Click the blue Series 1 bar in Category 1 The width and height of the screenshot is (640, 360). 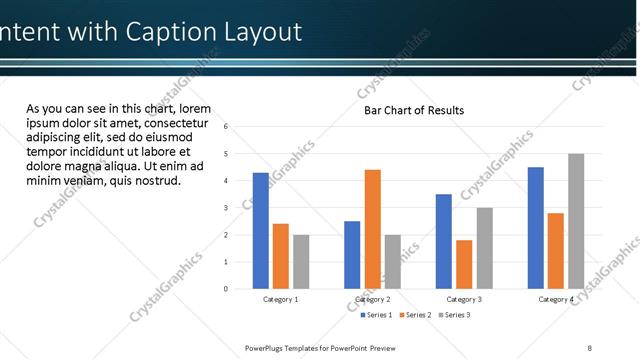click(260, 230)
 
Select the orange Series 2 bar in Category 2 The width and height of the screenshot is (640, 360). click(372, 229)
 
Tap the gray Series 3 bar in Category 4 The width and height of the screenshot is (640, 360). click(576, 221)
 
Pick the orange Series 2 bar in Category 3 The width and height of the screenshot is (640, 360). click(464, 264)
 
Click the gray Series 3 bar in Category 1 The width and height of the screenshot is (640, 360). click(301, 261)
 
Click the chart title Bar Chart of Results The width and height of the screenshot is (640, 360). click(413, 110)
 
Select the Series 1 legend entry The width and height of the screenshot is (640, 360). click(377, 315)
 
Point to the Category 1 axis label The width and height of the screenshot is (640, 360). click(281, 299)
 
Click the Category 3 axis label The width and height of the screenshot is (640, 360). click(464, 299)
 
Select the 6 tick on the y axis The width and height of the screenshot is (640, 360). click(227, 127)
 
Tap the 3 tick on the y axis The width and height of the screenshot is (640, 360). click(227, 208)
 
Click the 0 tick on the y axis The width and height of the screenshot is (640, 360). click(227, 289)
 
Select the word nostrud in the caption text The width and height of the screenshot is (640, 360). click(154, 181)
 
